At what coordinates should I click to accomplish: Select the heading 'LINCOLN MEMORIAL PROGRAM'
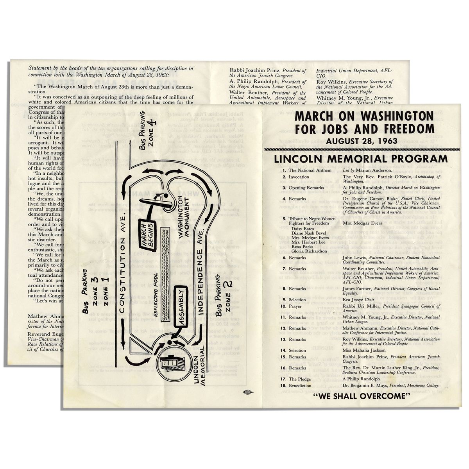pyautogui.click(x=361, y=159)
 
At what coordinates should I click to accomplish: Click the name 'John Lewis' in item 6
pyautogui.click(x=353, y=258)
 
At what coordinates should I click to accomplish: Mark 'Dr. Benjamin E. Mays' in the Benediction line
pyautogui.click(x=365, y=385)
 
